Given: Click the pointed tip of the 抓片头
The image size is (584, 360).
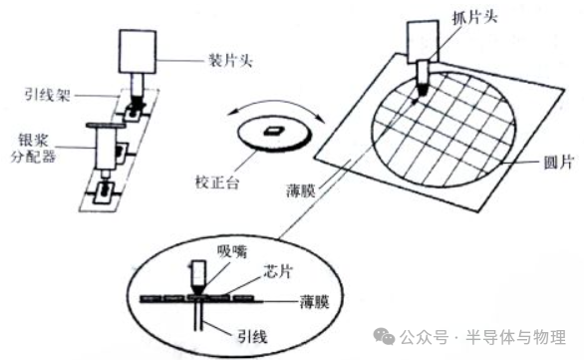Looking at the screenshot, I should click(x=418, y=96).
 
